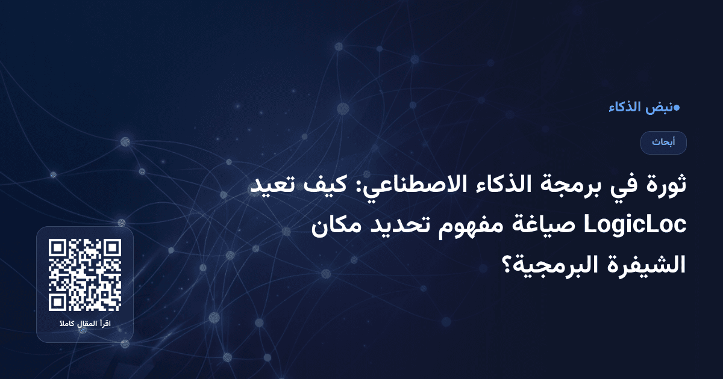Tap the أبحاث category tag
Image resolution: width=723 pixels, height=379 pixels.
[663, 143]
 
